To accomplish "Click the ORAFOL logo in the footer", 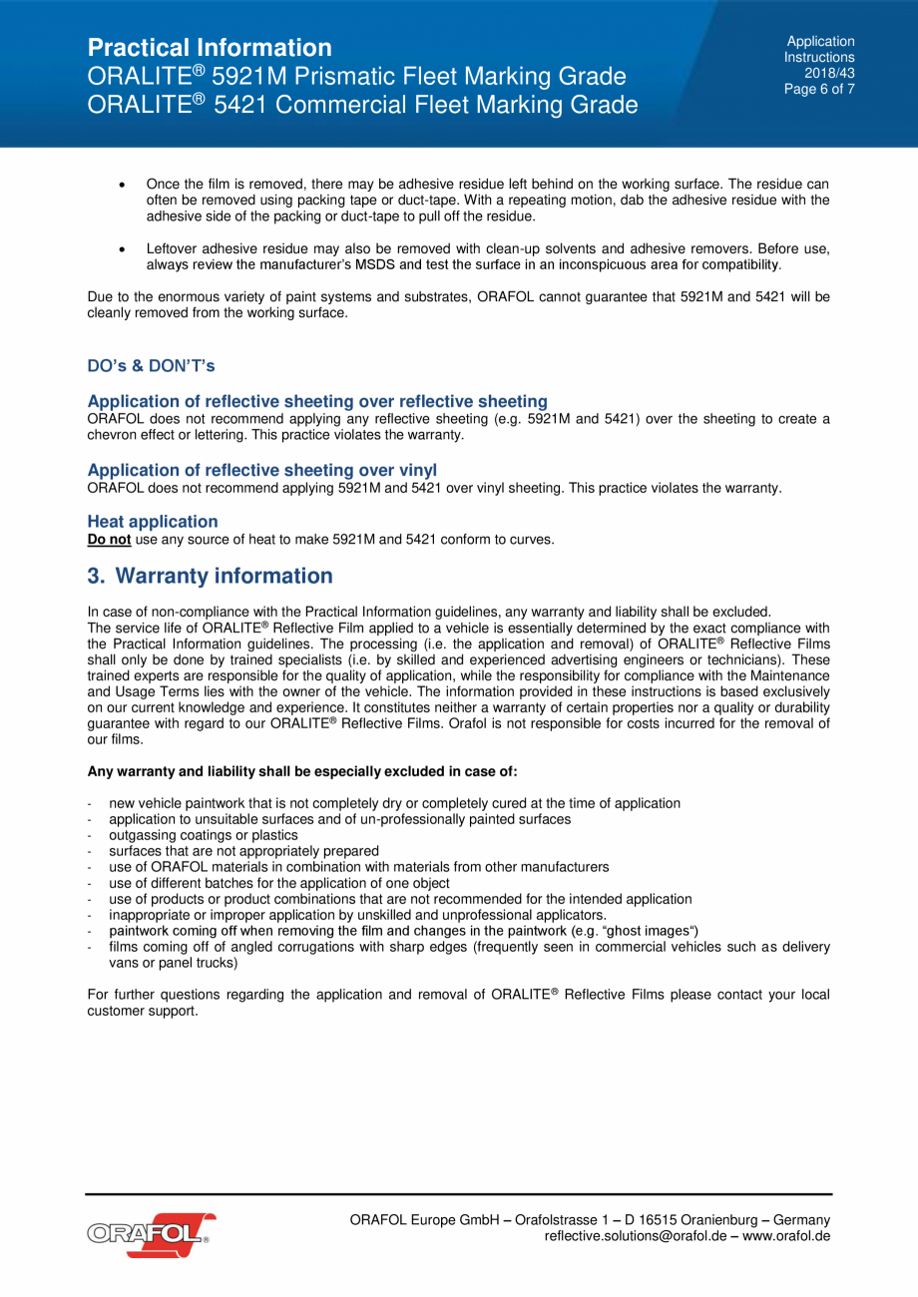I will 151,1234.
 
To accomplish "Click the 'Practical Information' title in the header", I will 210,48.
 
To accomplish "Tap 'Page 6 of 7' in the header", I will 819,89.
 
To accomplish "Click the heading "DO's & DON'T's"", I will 151,366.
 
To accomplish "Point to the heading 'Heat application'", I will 153,521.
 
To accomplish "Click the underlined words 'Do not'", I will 109,540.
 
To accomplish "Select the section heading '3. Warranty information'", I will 210,576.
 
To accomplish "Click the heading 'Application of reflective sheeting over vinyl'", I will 261,469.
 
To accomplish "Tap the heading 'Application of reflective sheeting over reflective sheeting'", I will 317,401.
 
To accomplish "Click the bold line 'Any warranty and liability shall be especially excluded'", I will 302,771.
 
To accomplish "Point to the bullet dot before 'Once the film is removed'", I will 121,185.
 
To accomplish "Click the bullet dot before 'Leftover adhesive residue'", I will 121,248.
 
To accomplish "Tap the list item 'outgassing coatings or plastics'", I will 203,835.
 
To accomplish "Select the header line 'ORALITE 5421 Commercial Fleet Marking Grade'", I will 362,105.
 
